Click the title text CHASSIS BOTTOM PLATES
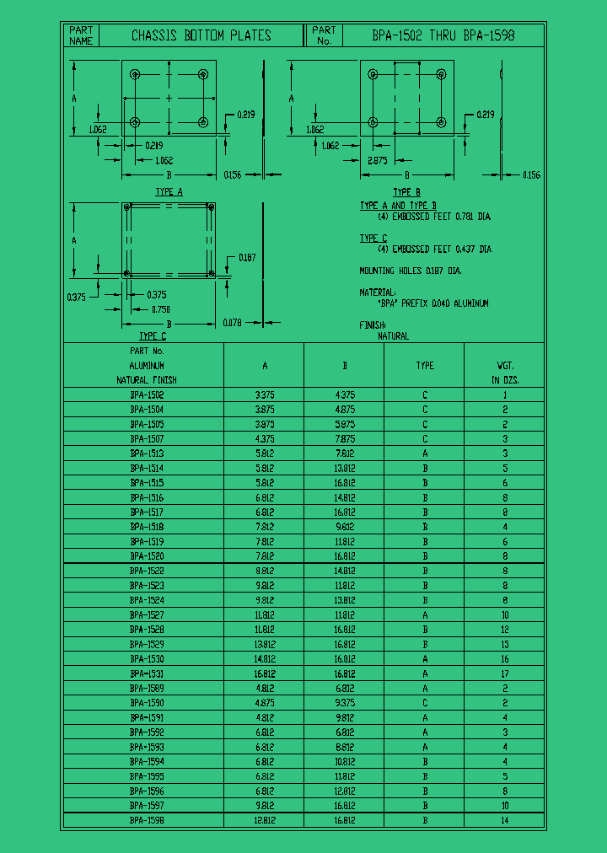[201, 35]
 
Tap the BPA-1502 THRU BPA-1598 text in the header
[443, 35]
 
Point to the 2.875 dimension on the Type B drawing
[377, 159]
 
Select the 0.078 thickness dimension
[232, 323]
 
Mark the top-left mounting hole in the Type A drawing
[135, 75]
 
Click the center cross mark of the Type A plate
[169, 99]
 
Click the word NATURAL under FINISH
[393, 335]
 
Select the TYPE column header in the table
[425, 365]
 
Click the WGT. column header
[505, 365]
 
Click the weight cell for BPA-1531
[505, 673]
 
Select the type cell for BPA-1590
[425, 703]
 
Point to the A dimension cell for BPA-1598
[265, 820]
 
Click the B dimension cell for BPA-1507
[345, 438]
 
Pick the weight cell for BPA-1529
[505, 644]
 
